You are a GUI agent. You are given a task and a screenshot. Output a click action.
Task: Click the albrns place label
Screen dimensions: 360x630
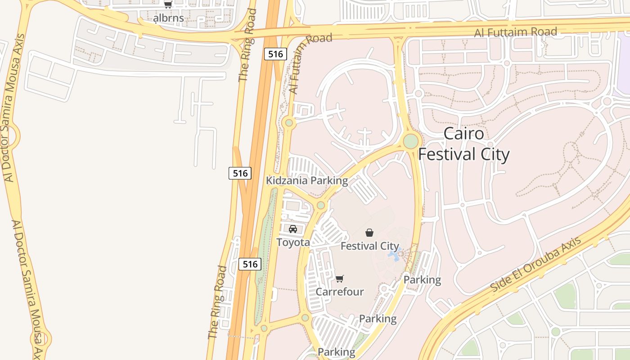pyautogui.click(x=169, y=18)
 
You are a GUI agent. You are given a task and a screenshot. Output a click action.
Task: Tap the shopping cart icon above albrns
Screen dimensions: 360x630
pyautogui.click(x=168, y=5)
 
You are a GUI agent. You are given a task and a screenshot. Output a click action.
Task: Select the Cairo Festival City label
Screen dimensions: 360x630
pyautogui.click(x=464, y=144)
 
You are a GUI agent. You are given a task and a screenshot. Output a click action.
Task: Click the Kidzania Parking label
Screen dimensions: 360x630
pyautogui.click(x=307, y=181)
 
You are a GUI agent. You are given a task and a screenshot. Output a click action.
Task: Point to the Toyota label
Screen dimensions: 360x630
pyautogui.click(x=293, y=243)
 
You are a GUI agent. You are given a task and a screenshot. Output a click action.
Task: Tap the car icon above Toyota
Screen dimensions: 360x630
pyautogui.click(x=293, y=229)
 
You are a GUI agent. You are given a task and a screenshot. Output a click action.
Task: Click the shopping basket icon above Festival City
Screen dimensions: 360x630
pyautogui.click(x=369, y=233)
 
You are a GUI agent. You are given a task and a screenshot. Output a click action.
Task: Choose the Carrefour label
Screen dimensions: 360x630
pyautogui.click(x=340, y=292)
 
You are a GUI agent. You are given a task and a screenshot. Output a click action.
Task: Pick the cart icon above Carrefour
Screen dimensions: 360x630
pyautogui.click(x=340, y=279)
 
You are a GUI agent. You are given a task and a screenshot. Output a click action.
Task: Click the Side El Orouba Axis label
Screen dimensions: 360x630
pyautogui.click(x=535, y=265)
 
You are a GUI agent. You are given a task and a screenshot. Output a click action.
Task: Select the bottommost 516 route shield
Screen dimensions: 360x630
pyautogui.click(x=250, y=264)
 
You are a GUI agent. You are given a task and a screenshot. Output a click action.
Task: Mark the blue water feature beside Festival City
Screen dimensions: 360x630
pyautogui.click(x=394, y=256)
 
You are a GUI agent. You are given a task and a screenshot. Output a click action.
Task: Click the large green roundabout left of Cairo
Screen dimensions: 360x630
pyautogui.click(x=410, y=141)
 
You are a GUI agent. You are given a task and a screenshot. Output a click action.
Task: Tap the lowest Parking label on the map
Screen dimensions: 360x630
pyautogui.click(x=337, y=352)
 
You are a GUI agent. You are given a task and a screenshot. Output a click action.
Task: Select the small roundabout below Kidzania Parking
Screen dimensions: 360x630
pyautogui.click(x=320, y=205)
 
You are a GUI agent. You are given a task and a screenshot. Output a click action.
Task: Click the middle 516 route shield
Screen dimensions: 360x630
pyautogui.click(x=240, y=173)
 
